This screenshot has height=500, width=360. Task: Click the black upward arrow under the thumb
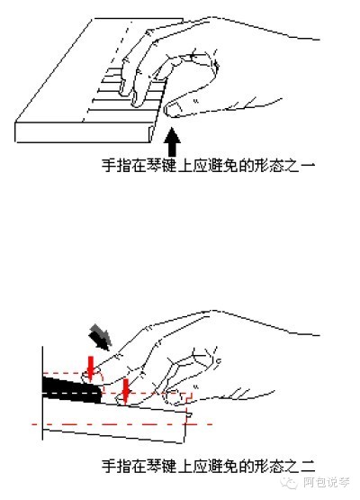click(172, 141)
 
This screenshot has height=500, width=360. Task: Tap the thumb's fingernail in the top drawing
click(173, 110)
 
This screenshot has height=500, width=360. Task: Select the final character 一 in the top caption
click(308, 166)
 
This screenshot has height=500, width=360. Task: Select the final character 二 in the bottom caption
click(308, 467)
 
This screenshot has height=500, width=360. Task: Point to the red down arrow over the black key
click(91, 368)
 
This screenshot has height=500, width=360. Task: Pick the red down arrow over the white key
click(126, 391)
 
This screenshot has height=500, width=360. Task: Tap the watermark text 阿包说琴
click(327, 482)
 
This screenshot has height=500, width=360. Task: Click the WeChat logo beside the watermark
click(290, 482)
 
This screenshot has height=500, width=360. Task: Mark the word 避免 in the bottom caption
click(222, 467)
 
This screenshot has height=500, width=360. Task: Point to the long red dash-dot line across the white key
click(122, 424)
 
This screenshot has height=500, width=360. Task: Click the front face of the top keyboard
click(84, 132)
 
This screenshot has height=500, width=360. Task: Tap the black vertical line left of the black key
click(42, 393)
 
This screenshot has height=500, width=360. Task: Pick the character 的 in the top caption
click(246, 166)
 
